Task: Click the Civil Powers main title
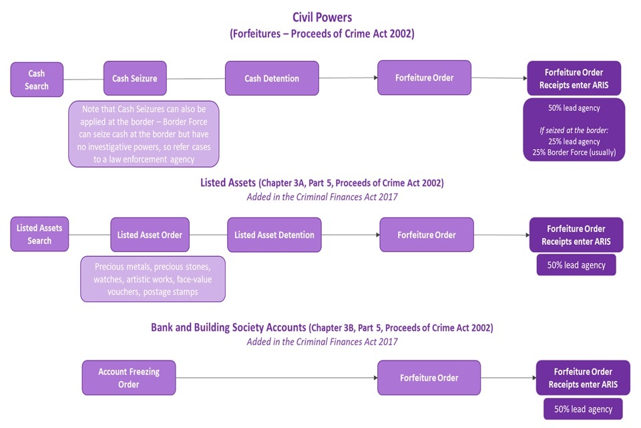[x=322, y=17]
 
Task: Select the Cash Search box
[x=37, y=80]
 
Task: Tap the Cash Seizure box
[x=134, y=78]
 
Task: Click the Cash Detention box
[x=272, y=78]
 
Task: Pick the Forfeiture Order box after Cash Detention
[x=424, y=78]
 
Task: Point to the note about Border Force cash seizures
[x=144, y=134]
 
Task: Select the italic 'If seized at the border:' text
[x=574, y=130]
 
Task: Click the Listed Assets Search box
[x=39, y=234]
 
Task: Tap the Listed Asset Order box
[x=150, y=235]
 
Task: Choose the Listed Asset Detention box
[x=274, y=235]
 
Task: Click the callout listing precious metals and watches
[x=153, y=279]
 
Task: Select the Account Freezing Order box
[x=129, y=377]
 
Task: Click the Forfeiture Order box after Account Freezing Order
[x=429, y=378]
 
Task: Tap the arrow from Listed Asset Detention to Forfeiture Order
[x=351, y=235]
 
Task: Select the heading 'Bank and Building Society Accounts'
[x=229, y=328]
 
